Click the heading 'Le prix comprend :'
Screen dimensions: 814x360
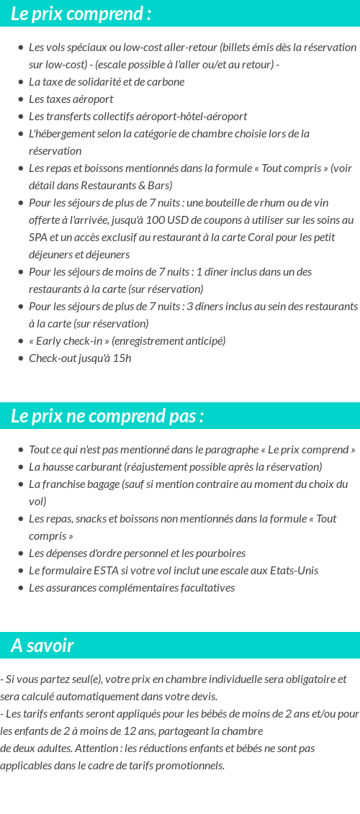[81, 14]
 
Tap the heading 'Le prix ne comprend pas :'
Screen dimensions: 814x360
[107, 416]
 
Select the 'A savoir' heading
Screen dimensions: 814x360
[42, 646]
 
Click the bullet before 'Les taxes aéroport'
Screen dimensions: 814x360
[21, 99]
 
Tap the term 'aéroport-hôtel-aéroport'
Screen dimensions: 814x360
[190, 116]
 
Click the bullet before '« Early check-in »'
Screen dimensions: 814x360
[21, 341]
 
